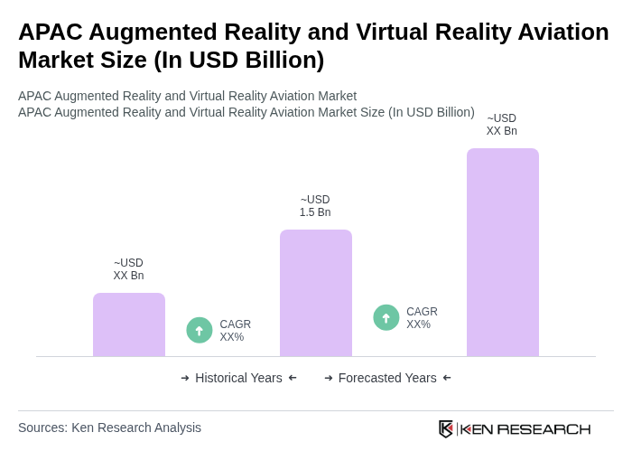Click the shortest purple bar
pyautogui.click(x=129, y=324)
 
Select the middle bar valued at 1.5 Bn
pyautogui.click(x=315, y=293)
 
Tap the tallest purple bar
pyautogui.click(x=502, y=252)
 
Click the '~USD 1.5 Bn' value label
pyautogui.click(x=315, y=206)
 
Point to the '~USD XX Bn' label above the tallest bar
pyautogui.click(x=502, y=125)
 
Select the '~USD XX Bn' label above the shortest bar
pyautogui.click(x=128, y=269)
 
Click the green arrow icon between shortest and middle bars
pyautogui.click(x=200, y=330)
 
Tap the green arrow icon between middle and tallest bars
pyautogui.click(x=386, y=317)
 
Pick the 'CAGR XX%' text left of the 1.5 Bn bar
pyautogui.click(x=235, y=331)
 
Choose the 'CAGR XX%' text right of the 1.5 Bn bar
pyautogui.click(x=422, y=318)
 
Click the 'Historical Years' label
pyautogui.click(x=238, y=378)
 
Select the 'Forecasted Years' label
pyautogui.click(x=387, y=378)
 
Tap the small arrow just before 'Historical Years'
pyautogui.click(x=185, y=378)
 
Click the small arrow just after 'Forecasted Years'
pyautogui.click(x=447, y=378)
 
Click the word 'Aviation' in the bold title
pyautogui.click(x=559, y=32)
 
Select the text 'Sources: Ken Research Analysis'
pyautogui.click(x=109, y=428)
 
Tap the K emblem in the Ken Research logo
pyautogui.click(x=446, y=428)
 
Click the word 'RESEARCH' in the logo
pyautogui.click(x=544, y=428)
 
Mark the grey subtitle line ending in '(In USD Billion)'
pyautogui.click(x=246, y=112)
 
